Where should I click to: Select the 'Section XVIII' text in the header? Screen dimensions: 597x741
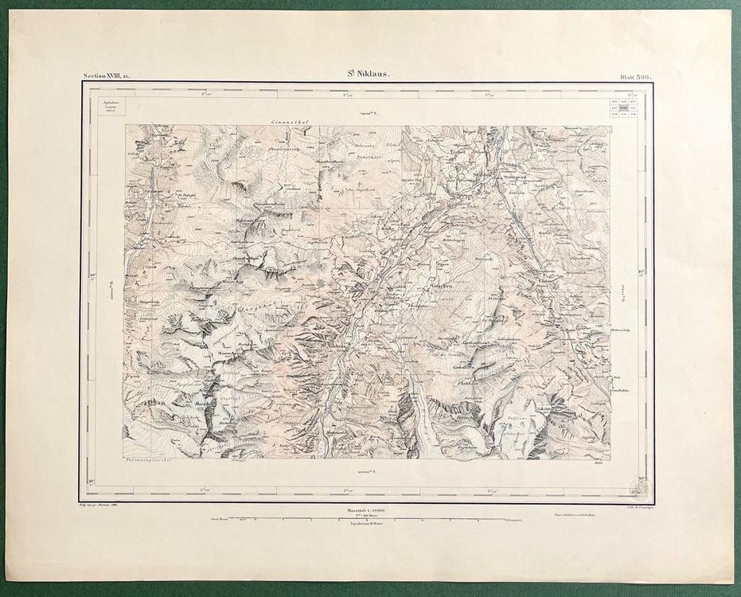[110, 76]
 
